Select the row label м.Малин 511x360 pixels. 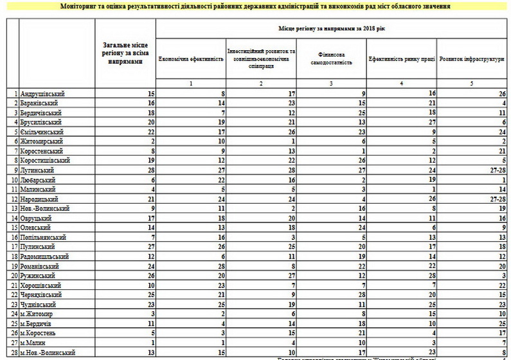click(x=35, y=343)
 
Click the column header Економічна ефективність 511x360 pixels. click(x=191, y=59)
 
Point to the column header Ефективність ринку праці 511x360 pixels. click(x=402, y=59)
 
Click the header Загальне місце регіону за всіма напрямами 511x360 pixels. click(x=125, y=53)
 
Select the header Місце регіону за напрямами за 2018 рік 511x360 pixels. click(x=332, y=29)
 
